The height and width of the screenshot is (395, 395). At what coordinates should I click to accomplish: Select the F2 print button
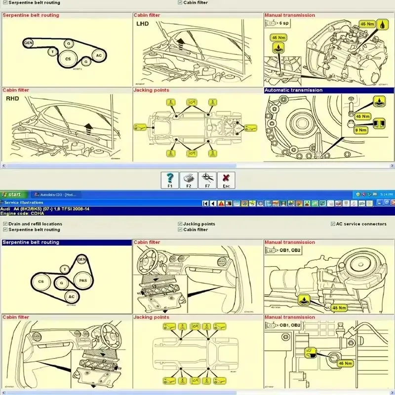(189, 180)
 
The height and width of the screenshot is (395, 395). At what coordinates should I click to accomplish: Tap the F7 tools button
(207, 180)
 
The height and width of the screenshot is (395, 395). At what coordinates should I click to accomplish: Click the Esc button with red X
(226, 180)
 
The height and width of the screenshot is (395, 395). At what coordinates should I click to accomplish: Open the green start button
(12, 195)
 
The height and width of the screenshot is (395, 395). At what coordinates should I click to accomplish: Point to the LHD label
(143, 23)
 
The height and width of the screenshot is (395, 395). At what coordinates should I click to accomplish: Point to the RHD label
(12, 99)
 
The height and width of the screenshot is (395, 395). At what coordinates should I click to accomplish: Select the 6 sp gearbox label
(284, 23)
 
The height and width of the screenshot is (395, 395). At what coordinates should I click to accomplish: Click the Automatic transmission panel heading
(293, 90)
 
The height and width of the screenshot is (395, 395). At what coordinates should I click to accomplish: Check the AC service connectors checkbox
(333, 224)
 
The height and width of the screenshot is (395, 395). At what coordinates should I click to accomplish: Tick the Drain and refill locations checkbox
(5, 224)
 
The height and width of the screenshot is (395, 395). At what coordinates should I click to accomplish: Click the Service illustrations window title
(23, 202)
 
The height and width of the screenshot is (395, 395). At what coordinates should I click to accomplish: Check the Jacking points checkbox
(180, 224)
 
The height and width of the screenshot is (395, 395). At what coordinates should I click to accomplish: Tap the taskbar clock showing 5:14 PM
(386, 195)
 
